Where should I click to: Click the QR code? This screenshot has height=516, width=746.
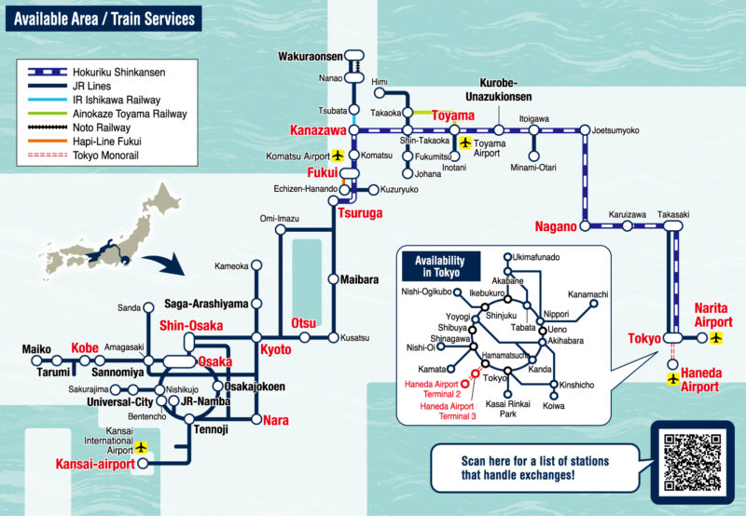click(692, 462)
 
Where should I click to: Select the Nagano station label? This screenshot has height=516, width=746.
click(557, 226)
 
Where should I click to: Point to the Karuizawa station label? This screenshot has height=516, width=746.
click(626, 214)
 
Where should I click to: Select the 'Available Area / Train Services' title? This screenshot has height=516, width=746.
click(105, 19)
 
